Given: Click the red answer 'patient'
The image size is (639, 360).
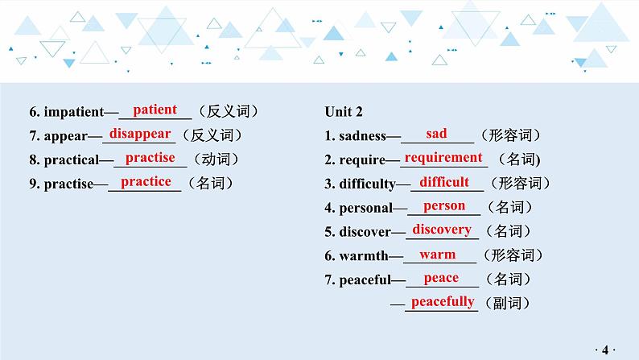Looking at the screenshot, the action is click(x=155, y=110).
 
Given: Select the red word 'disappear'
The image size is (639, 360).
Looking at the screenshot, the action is click(x=140, y=134).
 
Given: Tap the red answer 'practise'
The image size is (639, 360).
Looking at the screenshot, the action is click(x=150, y=158).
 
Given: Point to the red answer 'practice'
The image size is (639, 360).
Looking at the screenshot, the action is click(x=146, y=182).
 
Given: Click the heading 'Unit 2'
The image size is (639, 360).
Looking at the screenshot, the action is click(x=344, y=111).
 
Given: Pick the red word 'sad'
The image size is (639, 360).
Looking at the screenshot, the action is click(x=436, y=134).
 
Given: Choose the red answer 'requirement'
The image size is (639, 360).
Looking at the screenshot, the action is click(x=443, y=158).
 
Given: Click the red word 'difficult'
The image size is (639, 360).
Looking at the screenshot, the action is click(x=444, y=182).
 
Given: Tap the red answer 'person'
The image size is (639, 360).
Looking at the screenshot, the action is click(x=443, y=206).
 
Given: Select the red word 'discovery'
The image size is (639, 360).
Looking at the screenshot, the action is click(x=442, y=230).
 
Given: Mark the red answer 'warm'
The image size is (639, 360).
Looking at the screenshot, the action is click(x=437, y=254).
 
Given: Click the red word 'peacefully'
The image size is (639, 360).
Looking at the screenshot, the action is click(x=443, y=302).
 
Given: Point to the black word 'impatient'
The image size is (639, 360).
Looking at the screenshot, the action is click(x=74, y=112).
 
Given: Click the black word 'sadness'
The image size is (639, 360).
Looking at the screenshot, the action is click(x=362, y=136).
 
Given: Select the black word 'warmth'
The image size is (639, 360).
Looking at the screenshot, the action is click(x=364, y=255).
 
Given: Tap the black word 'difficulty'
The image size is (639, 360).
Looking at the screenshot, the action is click(x=367, y=184).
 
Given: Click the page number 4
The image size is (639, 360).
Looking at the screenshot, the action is click(x=605, y=350).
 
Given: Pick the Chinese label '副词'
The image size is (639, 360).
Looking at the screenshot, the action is click(x=507, y=303).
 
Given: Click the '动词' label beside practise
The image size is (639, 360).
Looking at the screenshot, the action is click(x=216, y=159).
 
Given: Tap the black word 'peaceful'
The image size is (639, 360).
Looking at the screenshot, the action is click(x=365, y=279).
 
